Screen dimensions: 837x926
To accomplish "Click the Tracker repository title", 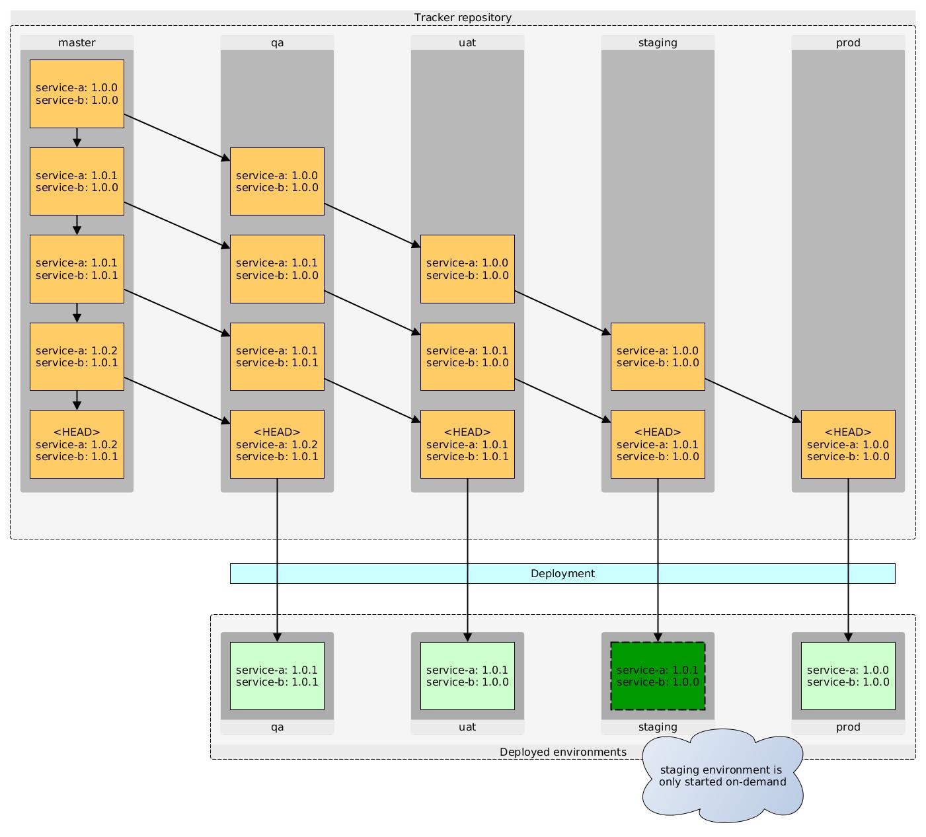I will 463,17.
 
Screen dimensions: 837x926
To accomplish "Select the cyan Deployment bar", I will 562,573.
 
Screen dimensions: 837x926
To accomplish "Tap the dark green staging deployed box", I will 658,676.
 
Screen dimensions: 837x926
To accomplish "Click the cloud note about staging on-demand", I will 722,776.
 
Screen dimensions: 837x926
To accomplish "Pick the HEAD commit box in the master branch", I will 77,444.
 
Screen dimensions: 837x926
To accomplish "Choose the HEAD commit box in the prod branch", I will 848,444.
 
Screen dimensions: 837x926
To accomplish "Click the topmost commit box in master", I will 77,93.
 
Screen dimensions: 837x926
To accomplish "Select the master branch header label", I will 77,42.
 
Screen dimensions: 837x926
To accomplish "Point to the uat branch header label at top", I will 467,42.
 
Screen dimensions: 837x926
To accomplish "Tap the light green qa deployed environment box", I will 277,676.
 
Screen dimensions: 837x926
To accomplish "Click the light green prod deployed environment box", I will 848,676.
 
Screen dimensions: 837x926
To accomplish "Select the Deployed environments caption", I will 562,752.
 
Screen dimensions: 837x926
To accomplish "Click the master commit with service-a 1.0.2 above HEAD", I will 77,356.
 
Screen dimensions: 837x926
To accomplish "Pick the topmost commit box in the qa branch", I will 277,181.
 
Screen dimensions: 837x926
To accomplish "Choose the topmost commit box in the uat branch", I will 467,268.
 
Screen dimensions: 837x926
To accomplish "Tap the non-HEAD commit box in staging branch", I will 658,356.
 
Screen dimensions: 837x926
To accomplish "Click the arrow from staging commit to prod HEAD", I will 753,400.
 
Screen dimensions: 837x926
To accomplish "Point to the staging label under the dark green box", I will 658,727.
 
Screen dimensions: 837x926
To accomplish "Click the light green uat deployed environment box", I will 467,676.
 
